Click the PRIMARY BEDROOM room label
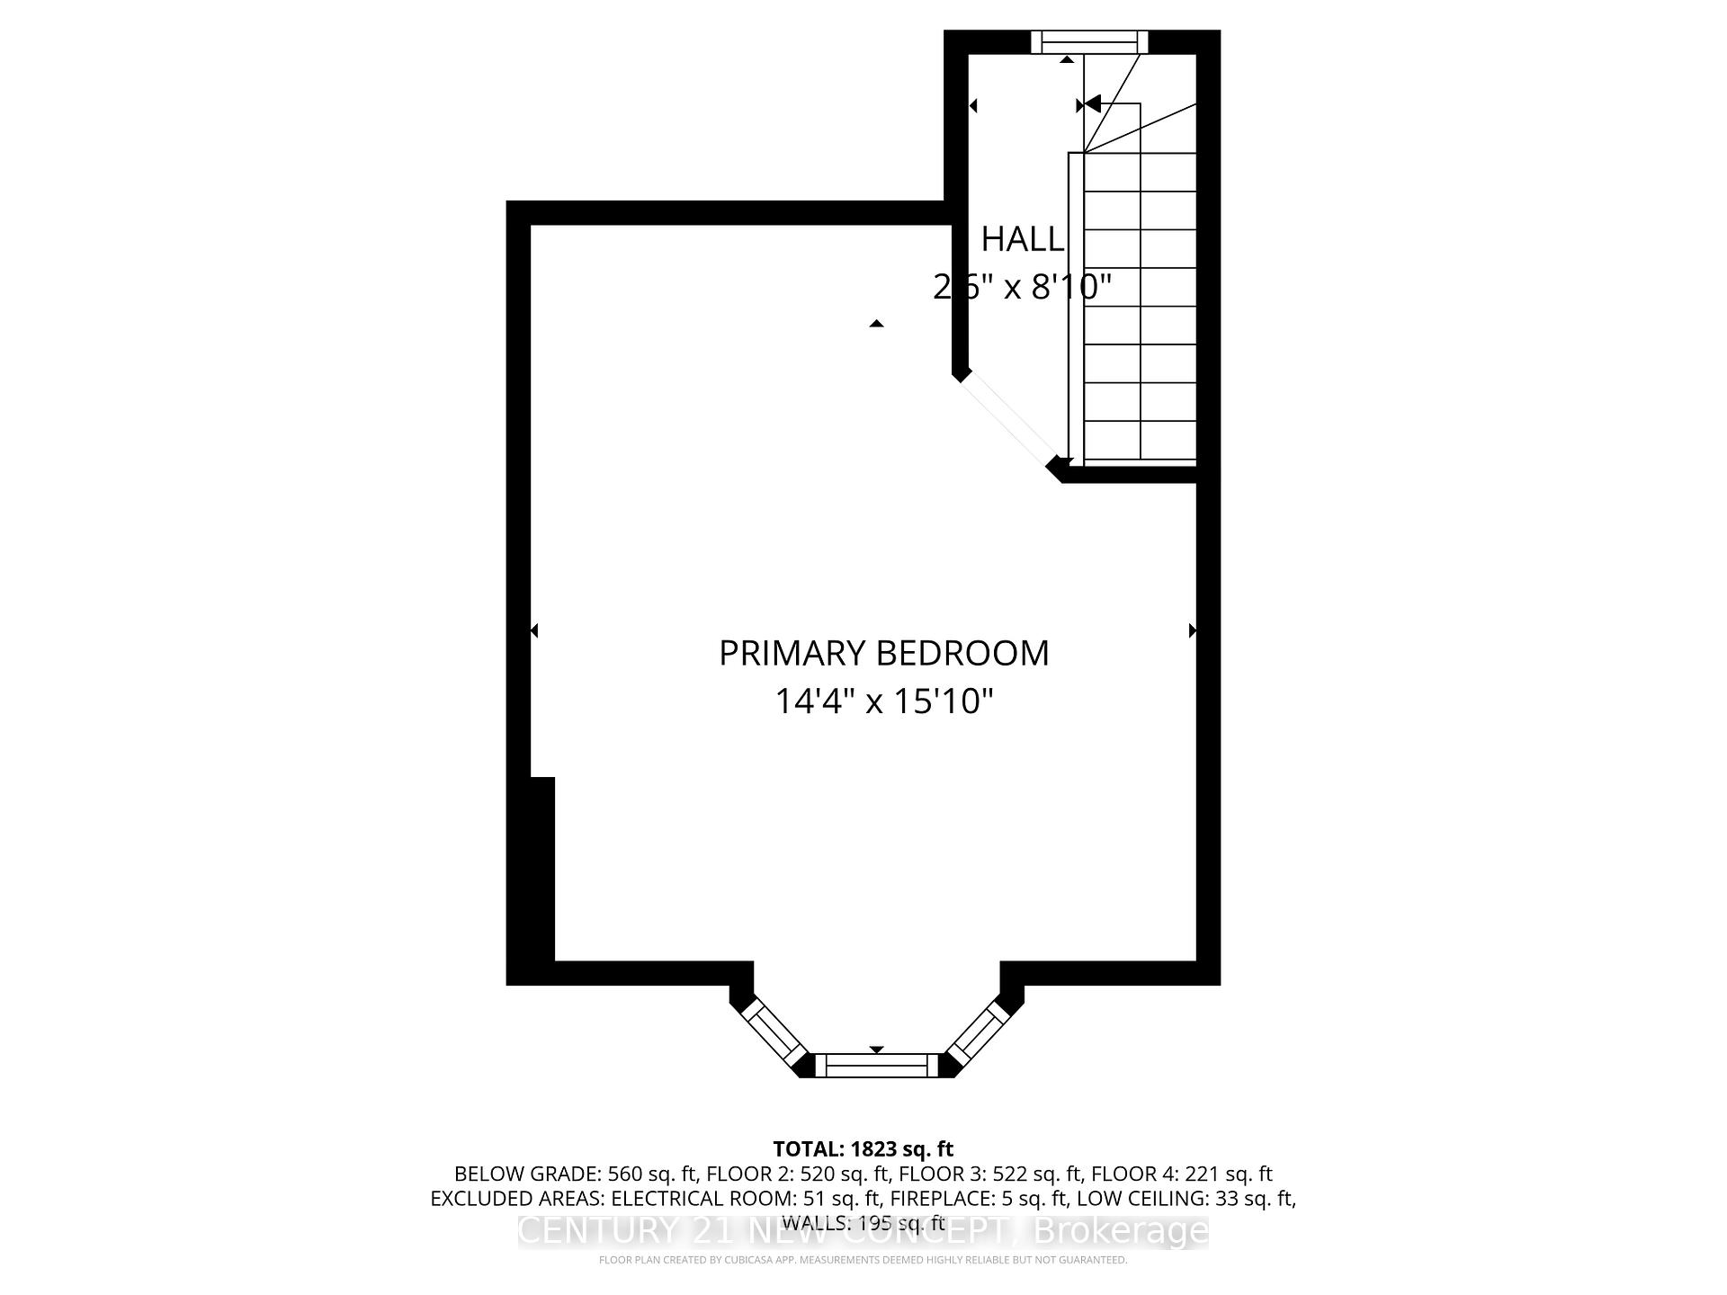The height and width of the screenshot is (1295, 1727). point(883,653)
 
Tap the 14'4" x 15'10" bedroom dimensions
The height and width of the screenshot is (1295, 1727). point(883,701)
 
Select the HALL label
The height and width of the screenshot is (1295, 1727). point(1022,239)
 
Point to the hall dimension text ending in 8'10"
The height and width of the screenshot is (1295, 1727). point(1022,287)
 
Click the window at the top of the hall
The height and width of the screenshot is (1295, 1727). point(1089,41)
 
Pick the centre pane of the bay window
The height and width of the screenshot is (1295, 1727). point(876,1066)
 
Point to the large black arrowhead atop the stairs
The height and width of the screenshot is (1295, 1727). point(1092,104)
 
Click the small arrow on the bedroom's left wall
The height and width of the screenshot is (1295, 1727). point(534,630)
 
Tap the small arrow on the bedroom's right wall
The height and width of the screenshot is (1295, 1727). point(1193,630)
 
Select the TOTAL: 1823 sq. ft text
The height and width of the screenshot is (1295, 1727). point(863,1148)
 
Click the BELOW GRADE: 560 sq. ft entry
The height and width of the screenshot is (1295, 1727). point(576,1174)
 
